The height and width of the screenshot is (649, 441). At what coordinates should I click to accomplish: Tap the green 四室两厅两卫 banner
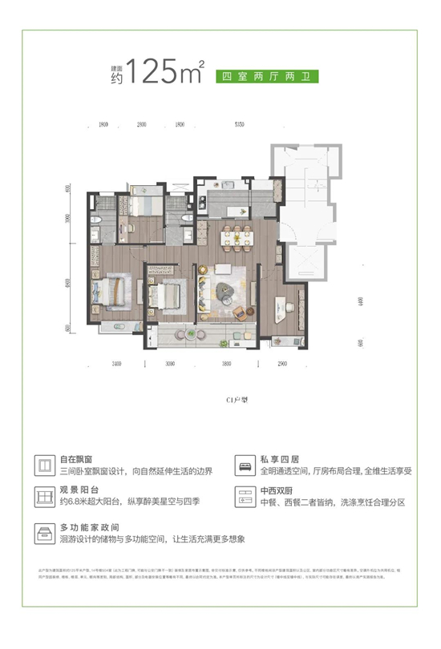262,77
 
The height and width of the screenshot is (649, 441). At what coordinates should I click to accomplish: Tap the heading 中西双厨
277,490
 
